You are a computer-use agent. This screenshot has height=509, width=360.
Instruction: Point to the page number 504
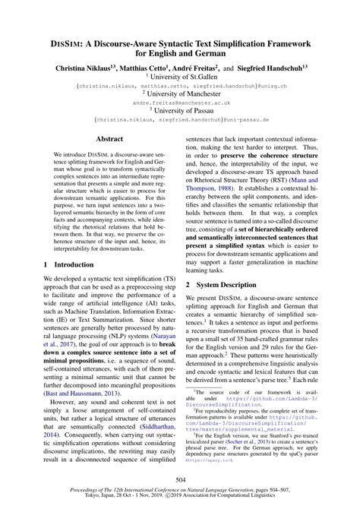[180, 480]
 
